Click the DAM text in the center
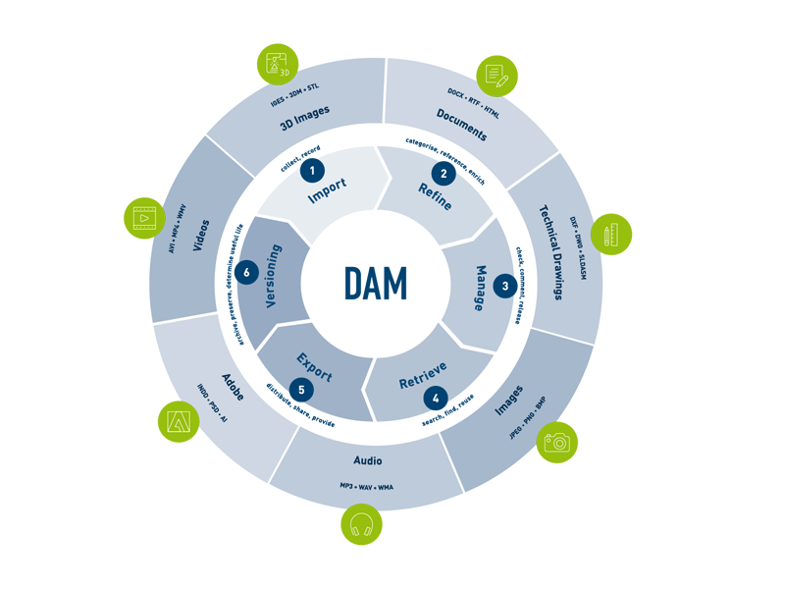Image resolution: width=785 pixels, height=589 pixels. (x=376, y=284)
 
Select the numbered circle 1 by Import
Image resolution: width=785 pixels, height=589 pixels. (x=312, y=171)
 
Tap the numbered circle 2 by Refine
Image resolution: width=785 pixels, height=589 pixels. (x=444, y=174)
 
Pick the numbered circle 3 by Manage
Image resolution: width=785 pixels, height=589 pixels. (x=505, y=287)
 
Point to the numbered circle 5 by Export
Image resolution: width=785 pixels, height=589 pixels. (x=301, y=391)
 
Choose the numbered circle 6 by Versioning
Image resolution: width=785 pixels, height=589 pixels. (x=247, y=272)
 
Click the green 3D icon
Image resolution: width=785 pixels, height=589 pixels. (x=278, y=65)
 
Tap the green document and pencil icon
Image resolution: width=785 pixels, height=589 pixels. (x=497, y=76)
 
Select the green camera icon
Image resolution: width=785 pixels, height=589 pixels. (x=557, y=442)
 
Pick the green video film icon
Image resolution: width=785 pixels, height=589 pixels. (x=144, y=218)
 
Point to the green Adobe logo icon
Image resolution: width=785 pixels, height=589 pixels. (x=179, y=422)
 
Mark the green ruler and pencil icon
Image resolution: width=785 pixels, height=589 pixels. (x=611, y=235)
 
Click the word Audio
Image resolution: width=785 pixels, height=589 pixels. (x=368, y=460)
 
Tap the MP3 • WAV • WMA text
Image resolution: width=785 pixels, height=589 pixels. (x=367, y=487)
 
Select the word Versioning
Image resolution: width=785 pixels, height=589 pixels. (x=274, y=277)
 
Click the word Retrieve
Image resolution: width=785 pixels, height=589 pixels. (x=424, y=374)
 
